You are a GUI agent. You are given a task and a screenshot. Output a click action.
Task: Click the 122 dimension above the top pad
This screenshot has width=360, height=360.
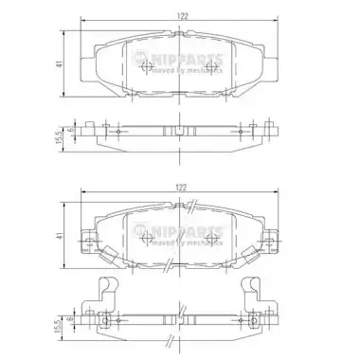(x=182, y=16)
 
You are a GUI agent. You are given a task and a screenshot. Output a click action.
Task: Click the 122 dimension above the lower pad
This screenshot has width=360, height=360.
(x=181, y=188)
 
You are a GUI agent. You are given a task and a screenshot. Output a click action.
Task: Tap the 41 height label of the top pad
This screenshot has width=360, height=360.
(x=60, y=63)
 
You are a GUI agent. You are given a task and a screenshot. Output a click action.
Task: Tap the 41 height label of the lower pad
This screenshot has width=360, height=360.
(x=60, y=235)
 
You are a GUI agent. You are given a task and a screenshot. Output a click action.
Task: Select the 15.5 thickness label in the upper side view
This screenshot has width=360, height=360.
(x=59, y=137)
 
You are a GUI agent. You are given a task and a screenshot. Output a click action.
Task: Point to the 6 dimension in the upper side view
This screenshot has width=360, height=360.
(x=71, y=130)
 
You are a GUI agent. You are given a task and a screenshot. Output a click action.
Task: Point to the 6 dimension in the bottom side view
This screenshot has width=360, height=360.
(x=71, y=319)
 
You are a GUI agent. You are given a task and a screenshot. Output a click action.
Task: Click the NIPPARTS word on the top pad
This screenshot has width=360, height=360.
(x=187, y=59)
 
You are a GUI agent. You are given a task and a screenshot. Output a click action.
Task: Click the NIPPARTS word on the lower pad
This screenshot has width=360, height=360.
(x=187, y=231)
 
